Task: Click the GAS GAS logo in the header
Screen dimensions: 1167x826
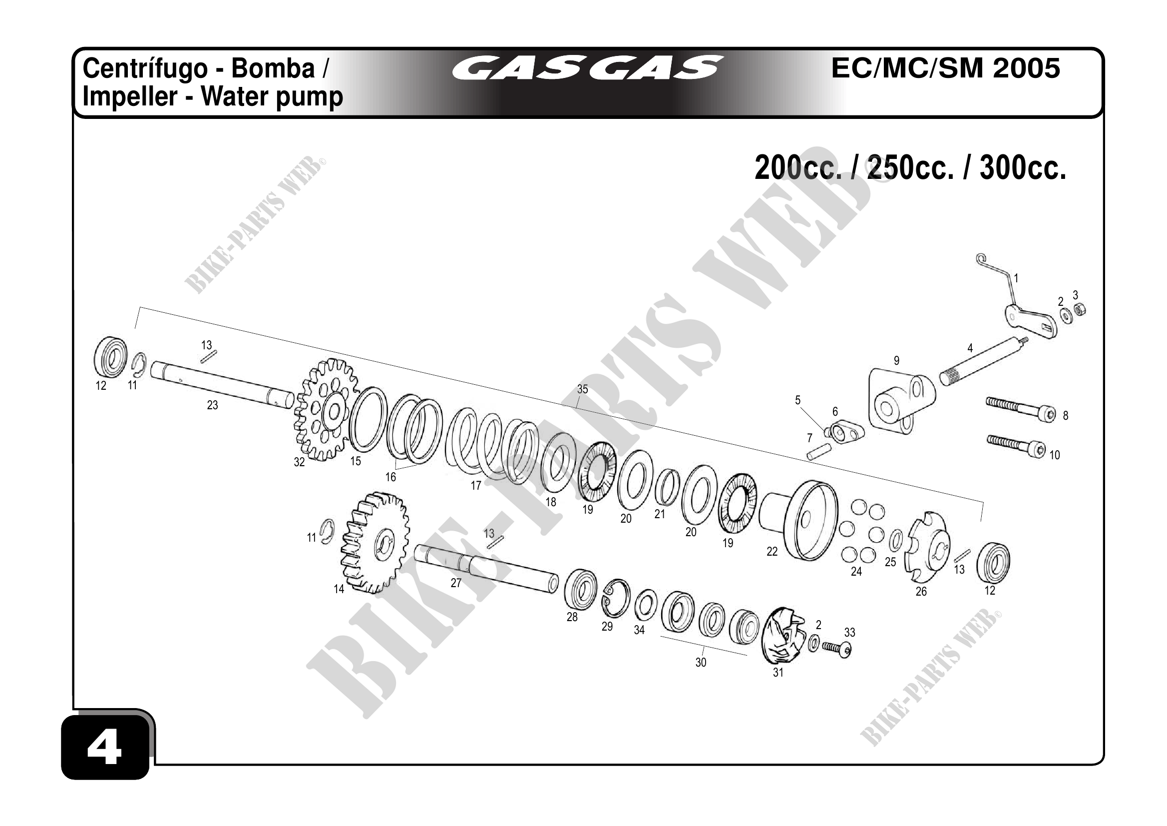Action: (x=587, y=68)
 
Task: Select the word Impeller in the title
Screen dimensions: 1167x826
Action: (x=130, y=96)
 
